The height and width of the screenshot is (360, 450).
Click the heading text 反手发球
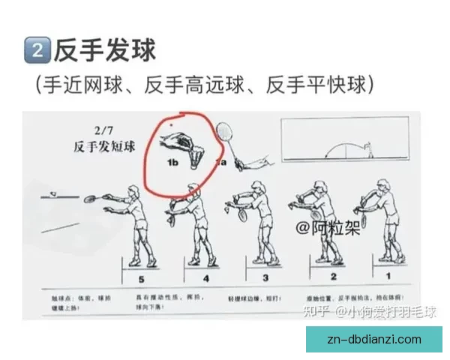pos(104,50)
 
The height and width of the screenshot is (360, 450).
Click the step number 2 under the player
pos(323,277)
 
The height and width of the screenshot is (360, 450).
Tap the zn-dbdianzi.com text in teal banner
pos(374,340)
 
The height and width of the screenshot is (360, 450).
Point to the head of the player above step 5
pos(133,193)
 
